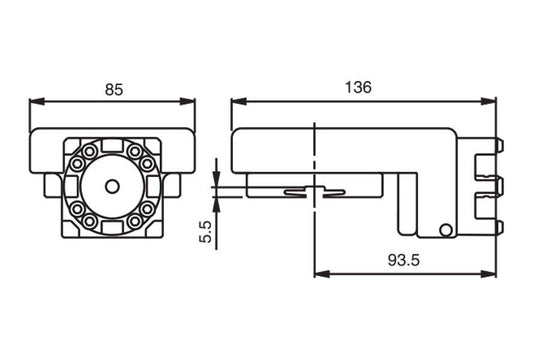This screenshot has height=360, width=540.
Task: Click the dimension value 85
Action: pyautogui.click(x=113, y=89)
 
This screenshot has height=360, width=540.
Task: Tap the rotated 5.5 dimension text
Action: pyautogui.click(x=206, y=232)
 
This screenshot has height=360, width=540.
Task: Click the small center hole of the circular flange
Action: pyautogui.click(x=112, y=186)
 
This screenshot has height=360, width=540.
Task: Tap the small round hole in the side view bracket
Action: pyautogui.click(x=443, y=231)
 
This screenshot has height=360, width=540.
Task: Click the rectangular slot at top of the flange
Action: pyautogui.click(x=112, y=149)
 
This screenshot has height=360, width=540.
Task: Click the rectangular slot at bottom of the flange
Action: pyautogui.click(x=112, y=224)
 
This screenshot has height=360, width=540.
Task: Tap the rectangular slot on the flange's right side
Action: pyautogui.click(x=150, y=186)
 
